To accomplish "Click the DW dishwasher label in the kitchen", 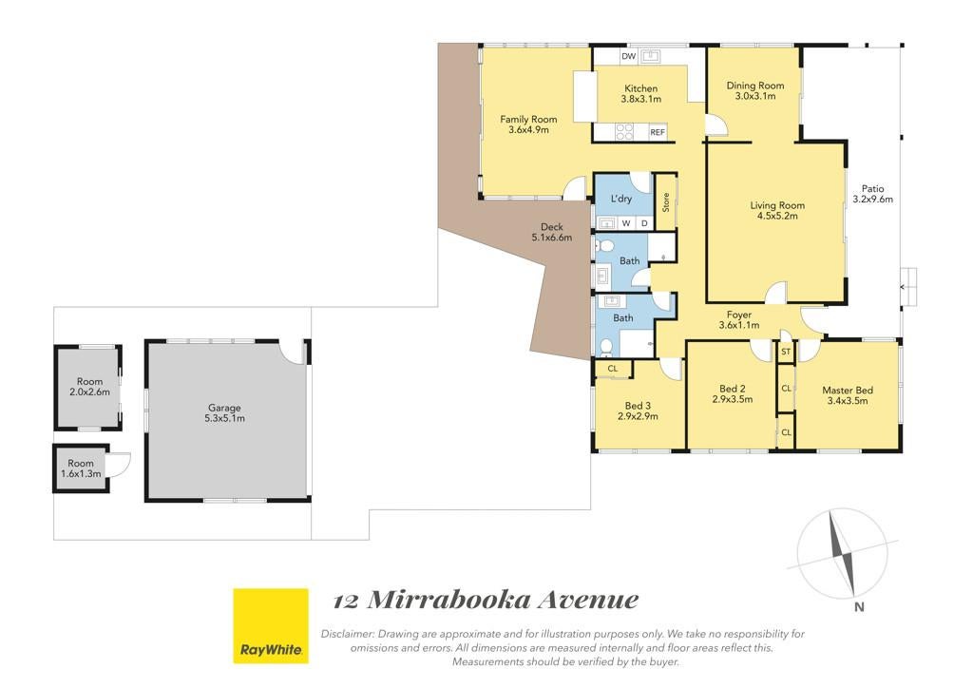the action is [x=629, y=56].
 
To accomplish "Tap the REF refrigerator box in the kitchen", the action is [x=658, y=132].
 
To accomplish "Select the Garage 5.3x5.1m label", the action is [x=224, y=413].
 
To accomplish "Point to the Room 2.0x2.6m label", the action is [x=89, y=387].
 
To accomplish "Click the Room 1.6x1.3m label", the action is [x=81, y=468].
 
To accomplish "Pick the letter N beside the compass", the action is [x=859, y=607].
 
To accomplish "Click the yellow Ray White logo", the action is [x=271, y=626].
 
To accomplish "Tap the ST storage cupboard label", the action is [x=786, y=352].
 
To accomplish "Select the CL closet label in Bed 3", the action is [x=613, y=369].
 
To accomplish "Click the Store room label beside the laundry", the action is [x=666, y=202].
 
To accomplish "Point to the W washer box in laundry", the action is [x=626, y=223].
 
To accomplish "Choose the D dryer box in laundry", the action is [x=644, y=223].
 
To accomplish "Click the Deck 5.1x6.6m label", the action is [x=552, y=232].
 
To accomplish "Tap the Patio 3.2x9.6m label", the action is [x=872, y=194].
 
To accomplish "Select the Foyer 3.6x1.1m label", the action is [x=739, y=320].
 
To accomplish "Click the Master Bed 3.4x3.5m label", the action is [x=848, y=395].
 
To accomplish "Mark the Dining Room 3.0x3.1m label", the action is [x=755, y=90].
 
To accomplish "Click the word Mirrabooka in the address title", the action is [x=449, y=600].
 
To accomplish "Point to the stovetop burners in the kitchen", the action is [x=624, y=131].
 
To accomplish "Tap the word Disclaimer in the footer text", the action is [x=347, y=634].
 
